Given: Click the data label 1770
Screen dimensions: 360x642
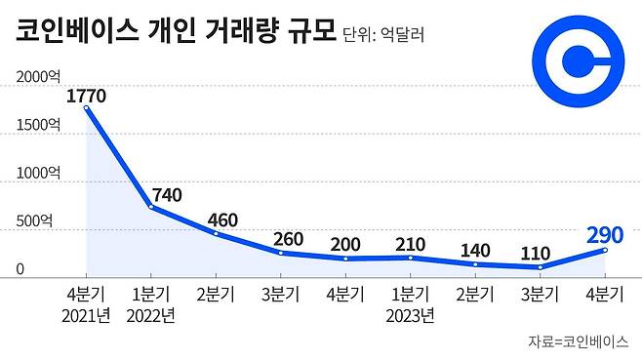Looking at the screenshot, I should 86,96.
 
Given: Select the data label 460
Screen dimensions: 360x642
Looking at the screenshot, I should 222,220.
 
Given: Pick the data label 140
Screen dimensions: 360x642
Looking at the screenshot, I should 475,248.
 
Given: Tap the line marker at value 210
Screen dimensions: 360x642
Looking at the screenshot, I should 410,258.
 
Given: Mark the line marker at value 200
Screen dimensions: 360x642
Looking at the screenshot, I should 344,259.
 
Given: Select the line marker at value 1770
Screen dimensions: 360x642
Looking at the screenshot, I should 86,108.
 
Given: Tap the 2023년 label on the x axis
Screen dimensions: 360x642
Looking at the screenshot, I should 410,315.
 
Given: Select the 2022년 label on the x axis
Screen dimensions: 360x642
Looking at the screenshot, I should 151,315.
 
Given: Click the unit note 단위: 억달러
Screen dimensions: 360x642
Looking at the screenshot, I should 385,36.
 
